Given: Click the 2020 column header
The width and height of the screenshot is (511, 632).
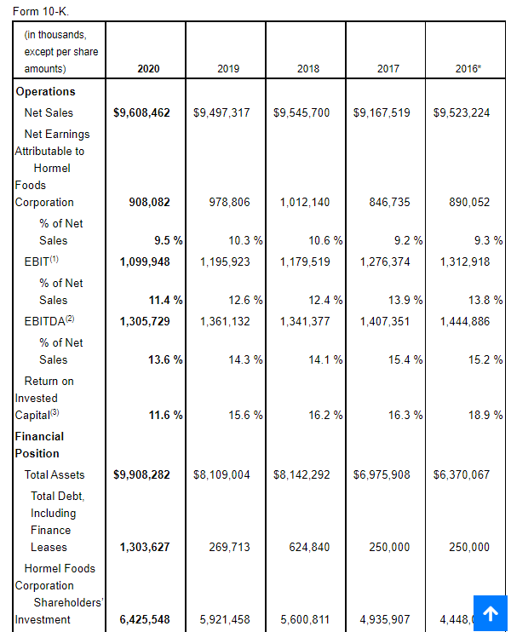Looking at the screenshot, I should (x=148, y=68).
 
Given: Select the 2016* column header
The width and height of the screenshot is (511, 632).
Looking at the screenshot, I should (x=468, y=68).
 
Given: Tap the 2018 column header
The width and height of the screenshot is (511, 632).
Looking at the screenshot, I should (x=308, y=68).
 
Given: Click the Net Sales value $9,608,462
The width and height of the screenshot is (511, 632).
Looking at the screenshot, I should (x=141, y=112).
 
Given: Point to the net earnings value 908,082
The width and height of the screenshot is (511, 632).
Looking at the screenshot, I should (x=149, y=202).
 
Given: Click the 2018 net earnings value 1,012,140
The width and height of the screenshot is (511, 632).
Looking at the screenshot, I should (x=304, y=202).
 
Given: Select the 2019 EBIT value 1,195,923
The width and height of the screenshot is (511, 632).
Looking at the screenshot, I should (x=225, y=261).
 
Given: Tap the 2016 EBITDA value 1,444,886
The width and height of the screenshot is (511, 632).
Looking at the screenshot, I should (x=465, y=321).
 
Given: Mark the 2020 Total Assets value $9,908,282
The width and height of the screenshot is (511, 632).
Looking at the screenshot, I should (x=141, y=474).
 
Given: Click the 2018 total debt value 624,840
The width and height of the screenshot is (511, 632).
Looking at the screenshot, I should (x=309, y=547).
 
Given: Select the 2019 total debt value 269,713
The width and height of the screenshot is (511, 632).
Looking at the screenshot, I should (x=229, y=547).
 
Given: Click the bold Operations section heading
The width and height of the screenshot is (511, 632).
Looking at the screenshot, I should (x=45, y=91).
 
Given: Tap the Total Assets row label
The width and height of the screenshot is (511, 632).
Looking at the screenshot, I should (x=55, y=474).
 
